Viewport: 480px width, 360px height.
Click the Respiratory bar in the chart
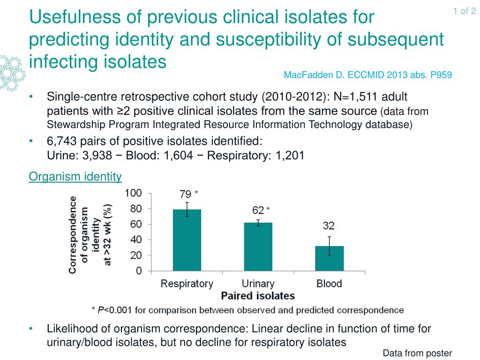[187, 240]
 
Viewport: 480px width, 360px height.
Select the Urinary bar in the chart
[258, 247]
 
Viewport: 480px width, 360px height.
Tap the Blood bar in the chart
[329, 258]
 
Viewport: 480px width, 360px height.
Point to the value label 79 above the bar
[186, 194]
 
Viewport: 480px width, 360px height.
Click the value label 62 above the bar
[257, 211]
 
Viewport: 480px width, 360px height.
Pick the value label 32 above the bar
[329, 226]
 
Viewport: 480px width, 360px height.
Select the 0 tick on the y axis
[139, 271]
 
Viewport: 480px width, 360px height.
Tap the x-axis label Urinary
[258, 284]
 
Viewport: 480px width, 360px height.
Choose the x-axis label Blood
[329, 284]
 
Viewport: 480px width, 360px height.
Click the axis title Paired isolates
[258, 296]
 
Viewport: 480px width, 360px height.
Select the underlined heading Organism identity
[75, 177]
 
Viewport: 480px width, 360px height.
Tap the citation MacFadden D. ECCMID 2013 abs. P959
[368, 75]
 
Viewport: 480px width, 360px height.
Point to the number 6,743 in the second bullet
[61, 142]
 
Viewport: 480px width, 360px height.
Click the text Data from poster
[417, 353]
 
